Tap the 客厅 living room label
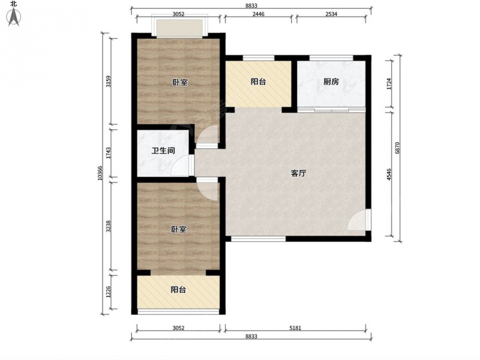point(298,173)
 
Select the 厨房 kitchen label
point(331,82)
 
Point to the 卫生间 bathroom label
point(163,151)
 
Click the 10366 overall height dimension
point(100,173)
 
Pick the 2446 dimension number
point(259,14)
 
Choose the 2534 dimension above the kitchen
point(331,14)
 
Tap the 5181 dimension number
point(295,328)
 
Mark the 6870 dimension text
point(397,148)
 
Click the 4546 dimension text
point(389,175)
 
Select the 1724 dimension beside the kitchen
point(389,84)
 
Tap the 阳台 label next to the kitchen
point(259,82)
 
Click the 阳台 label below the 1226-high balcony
point(178,290)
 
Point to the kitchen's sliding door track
point(331,110)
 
